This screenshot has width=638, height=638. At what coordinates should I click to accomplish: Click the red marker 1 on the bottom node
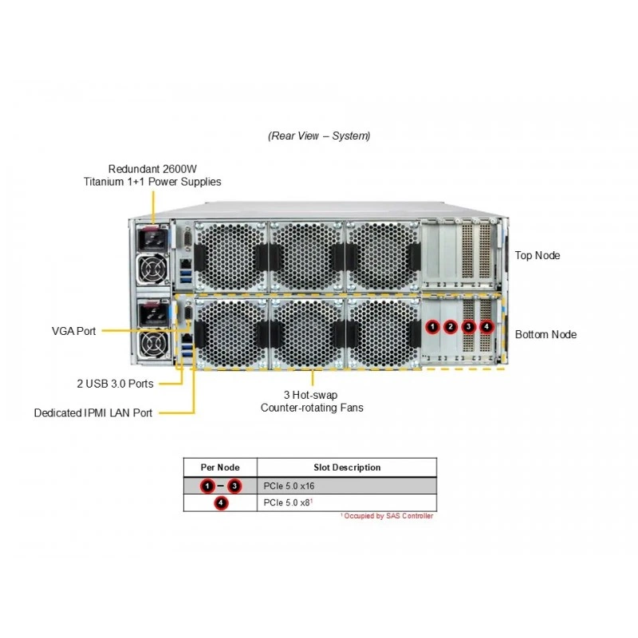(432, 326)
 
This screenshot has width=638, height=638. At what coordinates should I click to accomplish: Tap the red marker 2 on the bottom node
(450, 326)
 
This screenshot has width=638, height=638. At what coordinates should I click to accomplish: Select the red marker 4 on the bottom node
(486, 326)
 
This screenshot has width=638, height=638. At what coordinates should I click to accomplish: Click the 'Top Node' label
(537, 255)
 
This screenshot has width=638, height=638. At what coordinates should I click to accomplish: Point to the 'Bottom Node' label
(545, 334)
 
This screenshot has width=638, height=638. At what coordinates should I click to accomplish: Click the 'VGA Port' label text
(73, 331)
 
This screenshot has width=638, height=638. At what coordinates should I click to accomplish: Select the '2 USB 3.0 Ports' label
(115, 384)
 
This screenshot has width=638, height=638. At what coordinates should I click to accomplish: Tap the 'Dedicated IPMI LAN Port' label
(93, 413)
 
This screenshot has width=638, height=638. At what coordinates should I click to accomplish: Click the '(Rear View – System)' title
(319, 136)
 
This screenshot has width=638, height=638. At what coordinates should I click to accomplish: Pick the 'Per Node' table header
(220, 467)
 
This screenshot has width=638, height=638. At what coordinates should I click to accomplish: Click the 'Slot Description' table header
(347, 467)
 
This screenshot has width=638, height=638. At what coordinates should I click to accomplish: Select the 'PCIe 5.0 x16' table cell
(289, 486)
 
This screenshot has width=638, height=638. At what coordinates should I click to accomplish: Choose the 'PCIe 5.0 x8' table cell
(288, 503)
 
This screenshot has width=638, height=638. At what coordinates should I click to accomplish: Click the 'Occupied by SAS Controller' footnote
(387, 516)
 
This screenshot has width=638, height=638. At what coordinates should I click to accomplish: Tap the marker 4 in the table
(221, 503)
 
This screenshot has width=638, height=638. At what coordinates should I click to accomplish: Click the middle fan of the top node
(307, 256)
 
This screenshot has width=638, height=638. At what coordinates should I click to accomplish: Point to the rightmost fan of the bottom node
(384, 333)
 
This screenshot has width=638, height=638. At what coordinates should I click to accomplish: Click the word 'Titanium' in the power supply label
(104, 182)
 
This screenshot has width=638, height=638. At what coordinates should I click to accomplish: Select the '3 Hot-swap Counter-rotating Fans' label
(312, 401)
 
